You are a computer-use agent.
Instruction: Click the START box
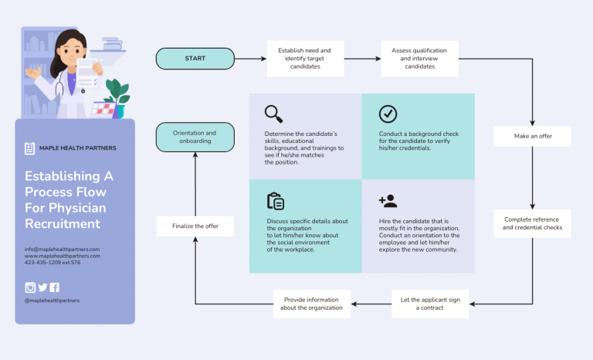point(195,59)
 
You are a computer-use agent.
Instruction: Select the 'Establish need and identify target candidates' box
point(305,59)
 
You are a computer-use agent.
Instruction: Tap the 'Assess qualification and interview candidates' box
point(419,59)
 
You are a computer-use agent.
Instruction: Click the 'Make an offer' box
point(532,137)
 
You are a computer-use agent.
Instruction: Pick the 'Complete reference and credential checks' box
point(532,223)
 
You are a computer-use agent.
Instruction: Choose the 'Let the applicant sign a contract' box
point(429,304)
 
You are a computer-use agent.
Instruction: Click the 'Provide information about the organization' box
point(312,304)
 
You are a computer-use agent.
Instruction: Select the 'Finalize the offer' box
point(195,226)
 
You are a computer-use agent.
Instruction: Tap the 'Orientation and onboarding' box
point(195,138)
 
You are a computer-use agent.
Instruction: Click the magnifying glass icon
point(273,114)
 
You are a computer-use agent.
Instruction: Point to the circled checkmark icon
point(388,114)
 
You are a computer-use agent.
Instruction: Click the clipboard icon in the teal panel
point(275,201)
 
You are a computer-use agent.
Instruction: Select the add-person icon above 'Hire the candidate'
point(388,201)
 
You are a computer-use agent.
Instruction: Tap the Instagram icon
point(30,287)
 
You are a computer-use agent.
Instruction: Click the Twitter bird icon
point(42,287)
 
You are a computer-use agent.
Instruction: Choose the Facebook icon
point(55,287)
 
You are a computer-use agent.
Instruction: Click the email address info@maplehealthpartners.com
point(62,249)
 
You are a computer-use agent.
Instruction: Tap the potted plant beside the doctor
point(117,93)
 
